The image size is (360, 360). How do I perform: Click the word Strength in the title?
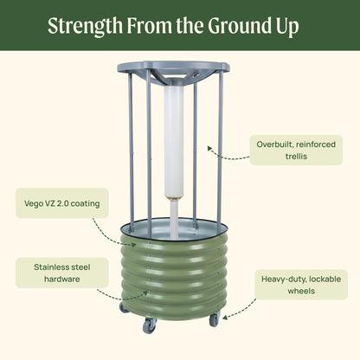[x=85, y=26]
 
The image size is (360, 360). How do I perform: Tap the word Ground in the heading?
[x=238, y=26]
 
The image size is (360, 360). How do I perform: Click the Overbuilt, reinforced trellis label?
[x=296, y=150]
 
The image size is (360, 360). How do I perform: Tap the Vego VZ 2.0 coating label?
[x=62, y=203]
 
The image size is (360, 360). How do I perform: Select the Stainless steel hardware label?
[x=62, y=273]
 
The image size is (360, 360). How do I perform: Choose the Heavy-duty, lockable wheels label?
[x=301, y=285]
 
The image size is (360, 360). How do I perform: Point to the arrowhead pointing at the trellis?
[x=209, y=149]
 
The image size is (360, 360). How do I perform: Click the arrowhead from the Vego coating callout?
[x=134, y=245]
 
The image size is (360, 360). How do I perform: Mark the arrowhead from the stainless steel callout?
[x=145, y=293]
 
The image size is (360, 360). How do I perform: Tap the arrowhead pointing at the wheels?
[x=225, y=318]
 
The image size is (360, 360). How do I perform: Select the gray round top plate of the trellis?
[x=173, y=67]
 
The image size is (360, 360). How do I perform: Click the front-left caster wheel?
[x=150, y=325]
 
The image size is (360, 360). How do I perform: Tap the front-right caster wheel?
[x=215, y=319]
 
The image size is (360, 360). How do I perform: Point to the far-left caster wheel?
[x=124, y=307]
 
